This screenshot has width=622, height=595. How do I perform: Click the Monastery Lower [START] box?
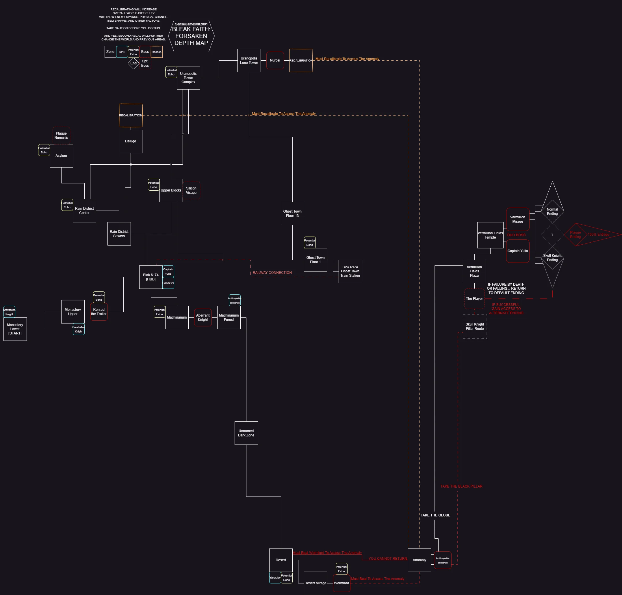(x=15, y=329)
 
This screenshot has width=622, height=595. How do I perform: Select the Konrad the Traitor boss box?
(x=99, y=312)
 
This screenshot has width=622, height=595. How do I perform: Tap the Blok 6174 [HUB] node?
(x=151, y=277)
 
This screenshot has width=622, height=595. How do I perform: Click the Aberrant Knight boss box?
(x=203, y=317)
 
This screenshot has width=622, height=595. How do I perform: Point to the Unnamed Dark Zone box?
(x=246, y=433)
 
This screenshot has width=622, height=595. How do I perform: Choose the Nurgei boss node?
(x=275, y=60)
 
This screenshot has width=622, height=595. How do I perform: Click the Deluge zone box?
(x=130, y=141)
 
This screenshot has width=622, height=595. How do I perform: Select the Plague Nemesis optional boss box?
(x=61, y=135)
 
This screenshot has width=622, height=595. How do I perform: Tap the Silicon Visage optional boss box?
(x=191, y=190)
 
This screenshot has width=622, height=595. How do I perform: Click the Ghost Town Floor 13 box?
(x=292, y=213)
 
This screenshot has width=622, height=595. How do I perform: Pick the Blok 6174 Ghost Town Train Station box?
(x=350, y=271)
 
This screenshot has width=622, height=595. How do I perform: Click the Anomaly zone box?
(x=419, y=560)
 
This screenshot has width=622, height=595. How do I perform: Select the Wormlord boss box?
(x=341, y=583)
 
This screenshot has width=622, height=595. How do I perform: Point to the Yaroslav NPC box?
(x=275, y=578)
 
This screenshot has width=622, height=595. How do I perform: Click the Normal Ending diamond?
(x=552, y=211)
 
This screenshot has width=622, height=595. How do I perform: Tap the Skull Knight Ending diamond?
(x=552, y=258)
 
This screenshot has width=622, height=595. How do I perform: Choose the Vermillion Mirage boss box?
(x=518, y=219)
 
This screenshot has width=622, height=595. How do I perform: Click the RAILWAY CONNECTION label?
(x=272, y=272)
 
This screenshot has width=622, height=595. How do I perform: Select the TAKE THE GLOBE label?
(x=435, y=515)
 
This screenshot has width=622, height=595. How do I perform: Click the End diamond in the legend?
(x=133, y=63)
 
